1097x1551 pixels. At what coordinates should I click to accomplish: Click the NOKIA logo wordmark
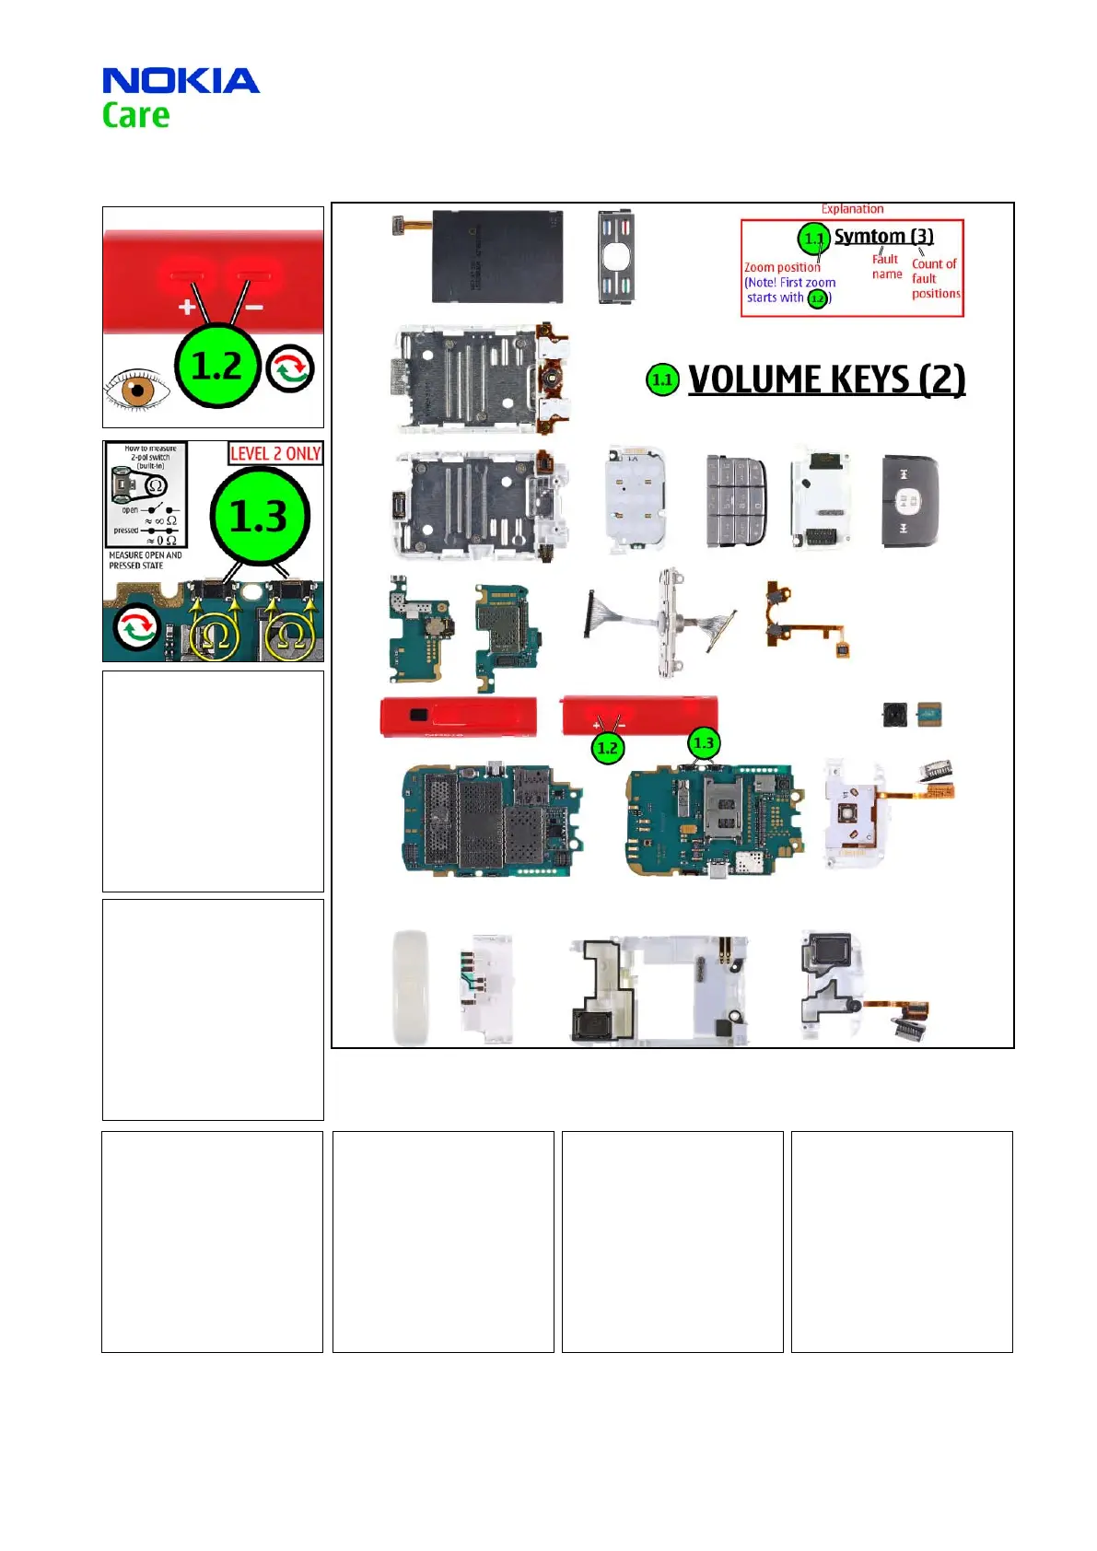pyautogui.click(x=181, y=81)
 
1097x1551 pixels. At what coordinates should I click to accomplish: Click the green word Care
pyautogui.click(x=135, y=116)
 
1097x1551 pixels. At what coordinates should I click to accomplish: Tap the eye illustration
pyautogui.click(x=135, y=389)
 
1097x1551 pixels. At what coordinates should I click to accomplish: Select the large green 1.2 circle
pyautogui.click(x=216, y=366)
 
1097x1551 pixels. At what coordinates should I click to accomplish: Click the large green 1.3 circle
pyautogui.click(x=259, y=516)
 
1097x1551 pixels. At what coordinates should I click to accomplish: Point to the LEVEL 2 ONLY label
pyautogui.click(x=275, y=453)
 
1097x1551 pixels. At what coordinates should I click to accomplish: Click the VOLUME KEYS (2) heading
pyautogui.click(x=826, y=379)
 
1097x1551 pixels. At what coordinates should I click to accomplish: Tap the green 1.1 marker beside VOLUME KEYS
pyautogui.click(x=662, y=379)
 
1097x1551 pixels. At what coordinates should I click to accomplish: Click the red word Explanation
pyautogui.click(x=852, y=209)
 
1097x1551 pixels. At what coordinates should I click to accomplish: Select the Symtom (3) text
pyautogui.click(x=883, y=237)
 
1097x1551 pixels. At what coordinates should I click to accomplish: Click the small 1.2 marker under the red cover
pyautogui.click(x=607, y=748)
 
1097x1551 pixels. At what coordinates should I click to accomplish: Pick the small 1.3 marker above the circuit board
pyautogui.click(x=704, y=742)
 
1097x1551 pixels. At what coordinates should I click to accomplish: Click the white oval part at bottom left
pyautogui.click(x=410, y=987)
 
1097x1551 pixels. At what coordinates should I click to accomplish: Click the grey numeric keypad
pyautogui.click(x=736, y=500)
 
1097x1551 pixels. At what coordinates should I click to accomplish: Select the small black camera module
pyautogui.click(x=893, y=714)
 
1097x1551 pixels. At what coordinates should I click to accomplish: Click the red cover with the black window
pyautogui.click(x=457, y=716)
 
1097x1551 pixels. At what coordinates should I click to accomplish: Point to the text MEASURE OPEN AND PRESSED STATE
pyautogui.click(x=145, y=560)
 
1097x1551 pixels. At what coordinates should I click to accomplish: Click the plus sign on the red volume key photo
pyautogui.click(x=187, y=307)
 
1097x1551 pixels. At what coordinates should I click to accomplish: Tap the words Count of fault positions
pyautogui.click(x=935, y=278)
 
